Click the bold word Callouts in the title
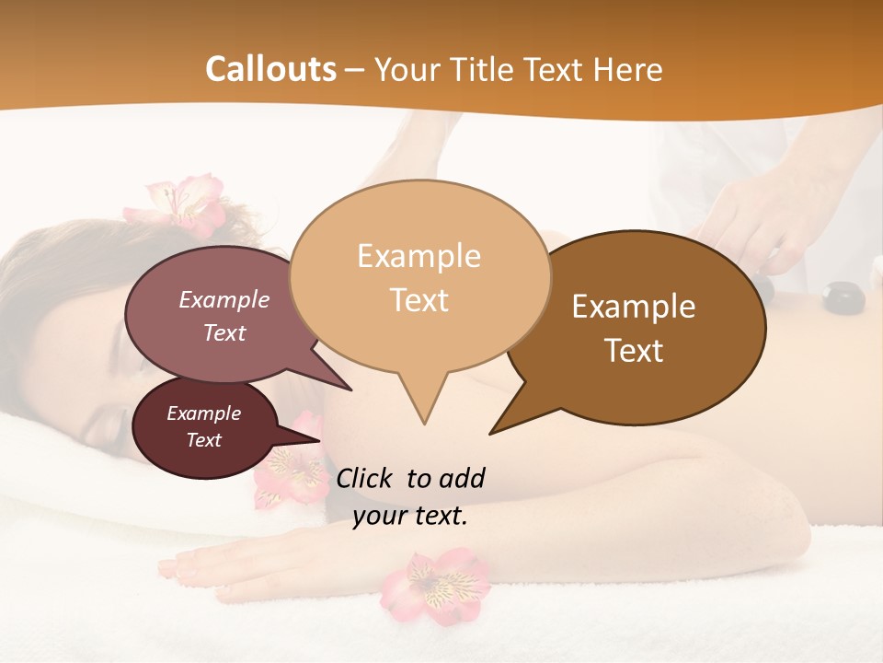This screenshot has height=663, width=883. pos(270,69)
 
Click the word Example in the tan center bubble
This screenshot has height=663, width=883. pos(419,256)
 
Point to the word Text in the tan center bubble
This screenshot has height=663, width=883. pos(419,300)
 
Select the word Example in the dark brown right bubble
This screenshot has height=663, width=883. pos(634,307)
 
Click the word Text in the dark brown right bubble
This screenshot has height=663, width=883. pos(635,351)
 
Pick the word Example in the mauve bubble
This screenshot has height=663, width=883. pos(224,299)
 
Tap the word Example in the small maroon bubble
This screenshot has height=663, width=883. pos(203,413)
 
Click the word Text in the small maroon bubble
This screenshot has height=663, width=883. pos(203,440)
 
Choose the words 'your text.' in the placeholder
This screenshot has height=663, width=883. pos(410,516)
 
